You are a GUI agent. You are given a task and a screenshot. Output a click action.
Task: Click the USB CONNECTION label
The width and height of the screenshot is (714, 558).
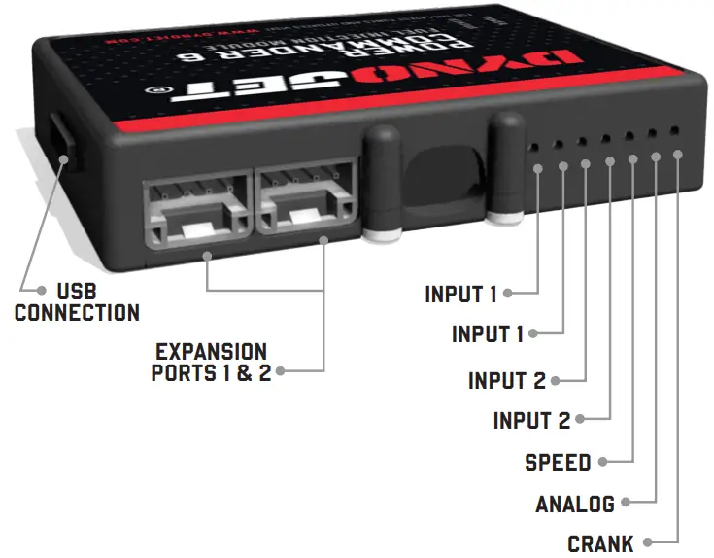click(x=77, y=302)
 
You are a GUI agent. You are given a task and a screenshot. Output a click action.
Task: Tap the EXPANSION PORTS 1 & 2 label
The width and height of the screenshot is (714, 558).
click(x=211, y=362)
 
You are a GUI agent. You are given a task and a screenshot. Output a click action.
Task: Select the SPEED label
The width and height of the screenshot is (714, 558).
click(x=558, y=462)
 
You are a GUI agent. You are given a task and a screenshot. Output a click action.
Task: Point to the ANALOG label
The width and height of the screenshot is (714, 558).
click(x=575, y=504)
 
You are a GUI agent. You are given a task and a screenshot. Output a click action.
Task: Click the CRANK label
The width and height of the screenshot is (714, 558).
click(x=600, y=543)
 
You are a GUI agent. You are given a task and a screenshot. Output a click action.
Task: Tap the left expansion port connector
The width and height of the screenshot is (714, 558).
click(x=195, y=205)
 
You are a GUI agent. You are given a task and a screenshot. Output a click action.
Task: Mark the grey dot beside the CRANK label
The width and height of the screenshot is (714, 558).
click(x=647, y=543)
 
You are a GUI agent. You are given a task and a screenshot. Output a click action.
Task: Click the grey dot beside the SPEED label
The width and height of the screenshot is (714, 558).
click(x=604, y=462)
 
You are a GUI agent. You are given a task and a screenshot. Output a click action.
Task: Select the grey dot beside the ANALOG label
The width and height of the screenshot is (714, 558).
click(x=627, y=504)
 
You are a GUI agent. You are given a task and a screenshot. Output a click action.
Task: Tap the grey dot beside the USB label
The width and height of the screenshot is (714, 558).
click(x=41, y=290)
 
